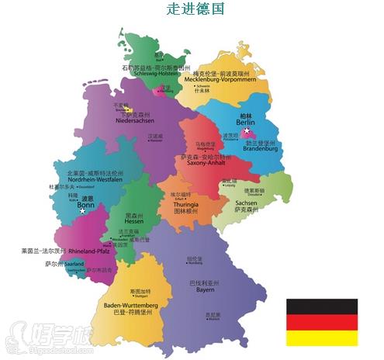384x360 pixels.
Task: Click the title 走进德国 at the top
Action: click(195, 9)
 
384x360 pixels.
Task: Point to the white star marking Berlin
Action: click(247, 133)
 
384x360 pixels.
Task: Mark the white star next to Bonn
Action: click(83, 210)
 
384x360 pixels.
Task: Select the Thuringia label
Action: click(186, 202)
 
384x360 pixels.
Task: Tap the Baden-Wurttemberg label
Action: click(130, 306)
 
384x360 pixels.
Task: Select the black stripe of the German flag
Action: click(322, 306)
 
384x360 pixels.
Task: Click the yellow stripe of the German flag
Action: click(322, 337)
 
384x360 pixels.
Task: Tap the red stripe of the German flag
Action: click(322, 322)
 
